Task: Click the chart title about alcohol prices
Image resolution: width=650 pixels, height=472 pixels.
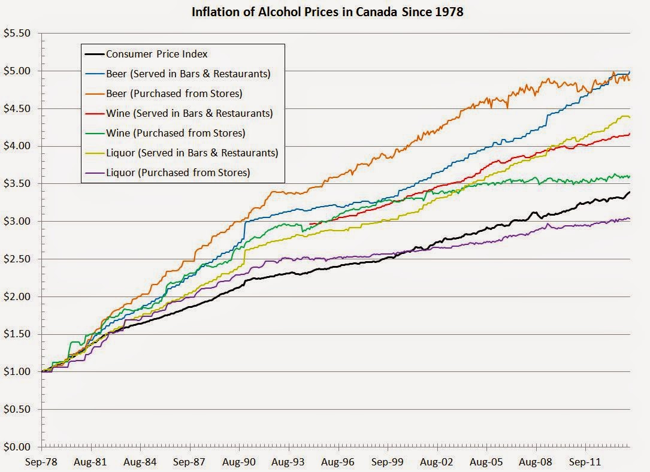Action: click(x=326, y=12)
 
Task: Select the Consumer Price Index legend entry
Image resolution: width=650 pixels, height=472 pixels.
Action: click(x=156, y=54)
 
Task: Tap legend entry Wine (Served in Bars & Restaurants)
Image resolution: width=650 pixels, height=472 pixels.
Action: click(x=189, y=113)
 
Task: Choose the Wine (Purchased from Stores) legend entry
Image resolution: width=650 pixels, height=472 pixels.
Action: click(x=176, y=133)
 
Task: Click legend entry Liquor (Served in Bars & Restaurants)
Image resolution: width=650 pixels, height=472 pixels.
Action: click(x=192, y=153)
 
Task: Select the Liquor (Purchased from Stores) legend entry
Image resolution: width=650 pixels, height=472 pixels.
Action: click(x=178, y=173)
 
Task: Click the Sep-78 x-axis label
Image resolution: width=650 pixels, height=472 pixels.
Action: click(x=42, y=462)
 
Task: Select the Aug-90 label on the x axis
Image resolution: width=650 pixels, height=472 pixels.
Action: click(x=239, y=462)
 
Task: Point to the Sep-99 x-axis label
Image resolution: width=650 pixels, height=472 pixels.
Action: click(x=387, y=462)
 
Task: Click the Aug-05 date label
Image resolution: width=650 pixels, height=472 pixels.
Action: click(x=486, y=462)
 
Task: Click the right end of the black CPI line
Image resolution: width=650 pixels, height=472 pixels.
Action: click(x=630, y=192)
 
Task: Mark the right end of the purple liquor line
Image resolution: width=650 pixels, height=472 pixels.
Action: click(x=630, y=219)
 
